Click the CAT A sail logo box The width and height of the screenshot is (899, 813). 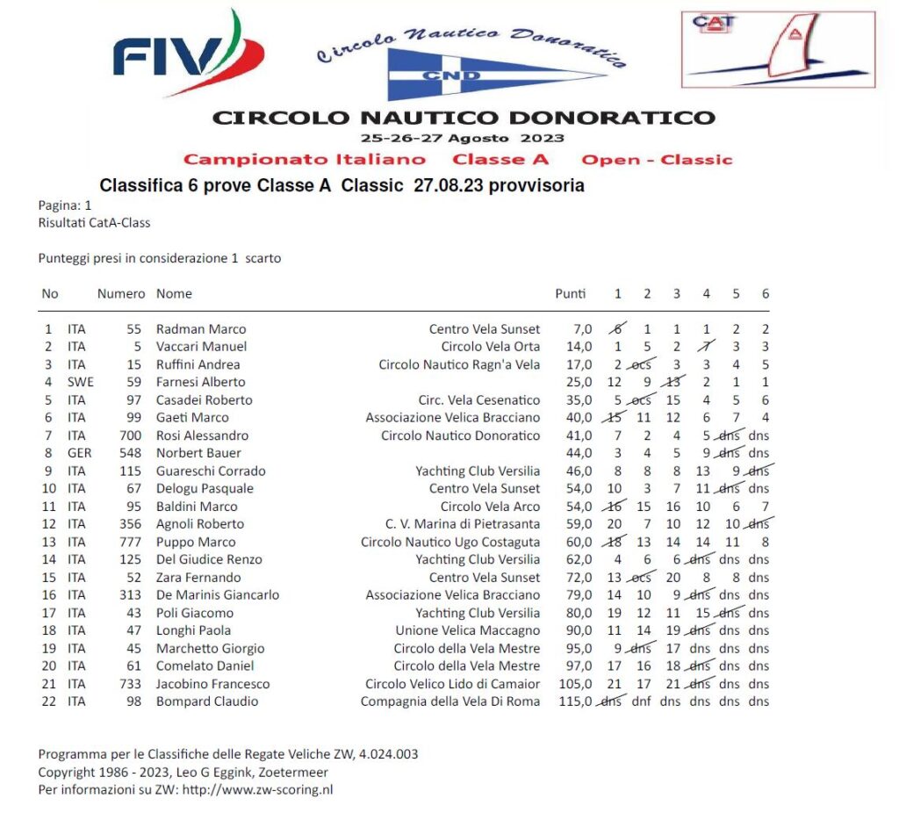pyautogui.click(x=778, y=49)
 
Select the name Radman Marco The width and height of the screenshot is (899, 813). pyautogui.click(x=201, y=329)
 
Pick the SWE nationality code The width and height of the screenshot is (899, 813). pyautogui.click(x=80, y=382)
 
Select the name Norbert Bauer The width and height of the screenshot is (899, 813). pyautogui.click(x=198, y=453)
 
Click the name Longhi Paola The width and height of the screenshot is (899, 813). pyautogui.click(x=193, y=630)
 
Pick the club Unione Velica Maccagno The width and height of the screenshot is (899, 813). pyautogui.click(x=467, y=630)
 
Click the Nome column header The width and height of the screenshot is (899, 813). pyautogui.click(x=174, y=293)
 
